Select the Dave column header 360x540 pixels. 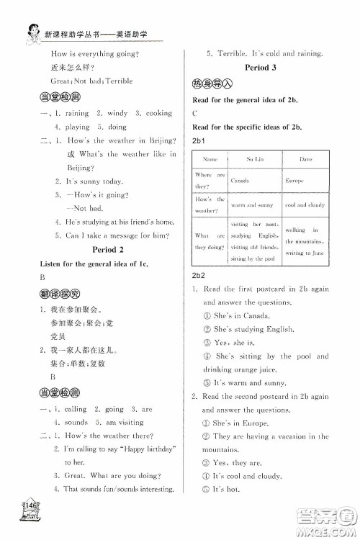coord(305,158)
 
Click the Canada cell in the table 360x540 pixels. coord(240,181)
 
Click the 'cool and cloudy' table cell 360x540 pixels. coord(305,205)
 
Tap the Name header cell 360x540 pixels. coord(210,158)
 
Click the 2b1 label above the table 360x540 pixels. coord(199,139)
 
